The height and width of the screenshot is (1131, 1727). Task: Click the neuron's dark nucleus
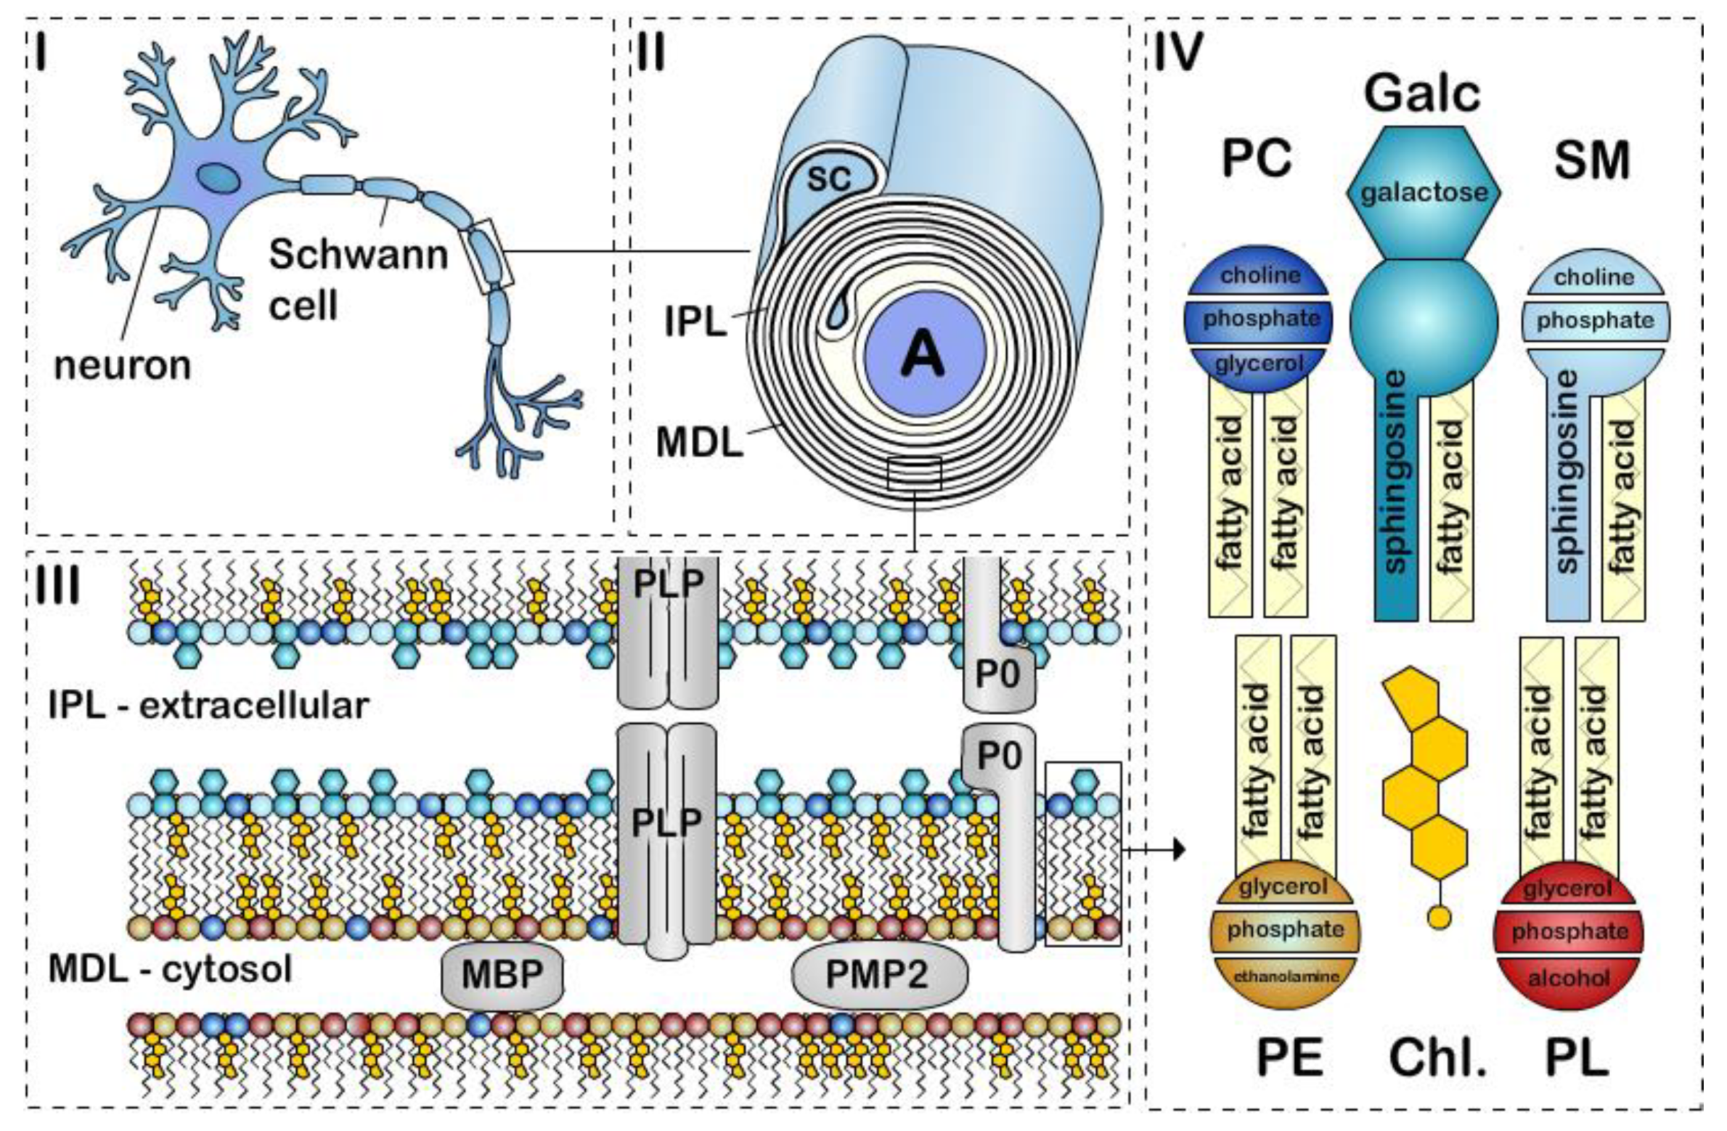pyautogui.click(x=218, y=177)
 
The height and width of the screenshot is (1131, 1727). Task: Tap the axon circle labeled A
pyautogui.click(x=924, y=354)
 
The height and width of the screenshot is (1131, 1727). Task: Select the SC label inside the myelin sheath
pyautogui.click(x=828, y=178)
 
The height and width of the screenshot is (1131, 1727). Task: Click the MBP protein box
pyautogui.click(x=502, y=974)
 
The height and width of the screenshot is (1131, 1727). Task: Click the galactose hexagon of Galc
pyautogui.click(x=1424, y=193)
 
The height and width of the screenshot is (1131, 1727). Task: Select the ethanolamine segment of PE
pyautogui.click(x=1286, y=976)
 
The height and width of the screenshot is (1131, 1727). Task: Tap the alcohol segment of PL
pyautogui.click(x=1568, y=978)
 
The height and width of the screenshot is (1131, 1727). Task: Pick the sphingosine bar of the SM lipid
pyautogui.click(x=1568, y=494)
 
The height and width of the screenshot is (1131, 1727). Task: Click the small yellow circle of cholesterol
pyautogui.click(x=1439, y=918)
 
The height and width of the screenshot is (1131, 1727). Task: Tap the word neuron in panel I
pyautogui.click(x=123, y=365)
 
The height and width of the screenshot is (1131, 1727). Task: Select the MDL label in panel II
pyautogui.click(x=699, y=442)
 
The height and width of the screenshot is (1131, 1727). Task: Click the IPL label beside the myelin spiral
pyautogui.click(x=695, y=322)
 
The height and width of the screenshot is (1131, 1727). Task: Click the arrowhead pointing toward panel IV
pyautogui.click(x=1179, y=849)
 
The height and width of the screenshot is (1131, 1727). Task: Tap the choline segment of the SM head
pyautogui.click(x=1594, y=277)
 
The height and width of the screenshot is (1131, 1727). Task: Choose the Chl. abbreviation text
pyautogui.click(x=1438, y=1058)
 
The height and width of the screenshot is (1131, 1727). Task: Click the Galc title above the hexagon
pyautogui.click(x=1421, y=94)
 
